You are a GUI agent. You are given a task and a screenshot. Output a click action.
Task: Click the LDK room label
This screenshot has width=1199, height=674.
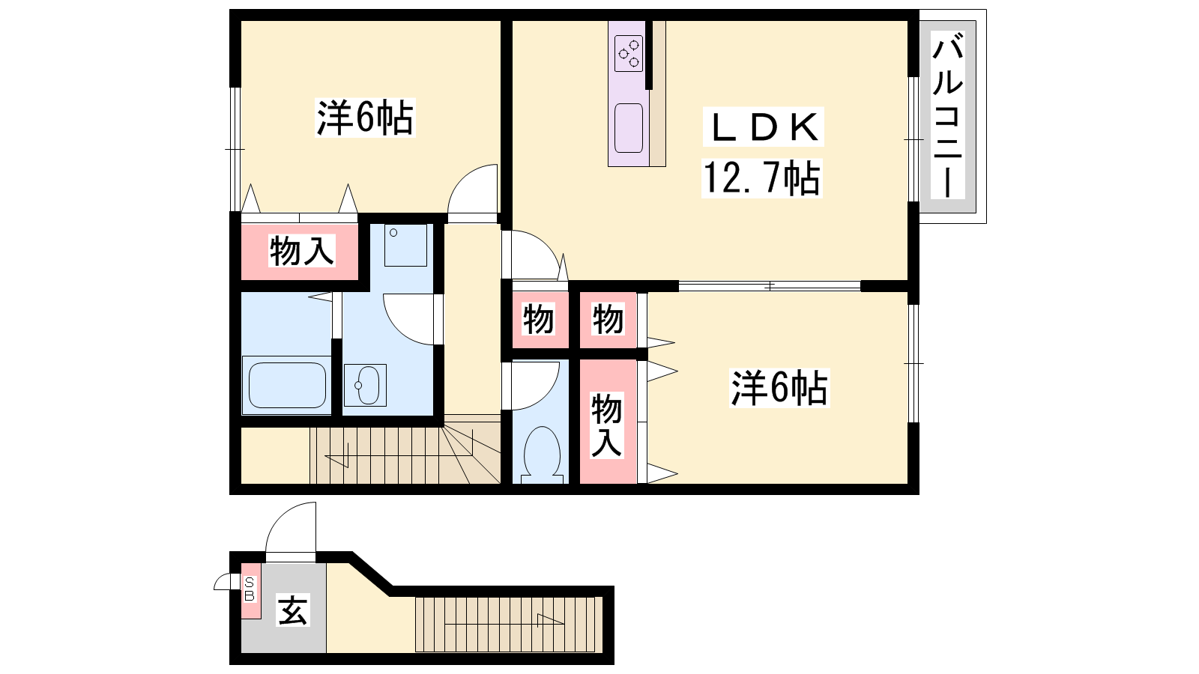coord(764,127)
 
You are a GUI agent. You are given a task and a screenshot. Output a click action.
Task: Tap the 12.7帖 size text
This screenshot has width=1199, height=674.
coord(761,179)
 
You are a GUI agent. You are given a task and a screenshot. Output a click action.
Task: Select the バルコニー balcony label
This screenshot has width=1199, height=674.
coord(947,115)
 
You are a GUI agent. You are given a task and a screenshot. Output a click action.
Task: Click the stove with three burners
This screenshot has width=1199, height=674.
coord(629,53)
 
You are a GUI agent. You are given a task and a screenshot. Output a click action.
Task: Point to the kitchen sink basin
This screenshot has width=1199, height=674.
coord(629,128)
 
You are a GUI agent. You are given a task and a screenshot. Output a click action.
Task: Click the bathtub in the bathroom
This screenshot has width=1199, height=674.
coord(287,385)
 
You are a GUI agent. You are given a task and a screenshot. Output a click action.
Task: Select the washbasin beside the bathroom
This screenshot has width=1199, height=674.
coord(365,385)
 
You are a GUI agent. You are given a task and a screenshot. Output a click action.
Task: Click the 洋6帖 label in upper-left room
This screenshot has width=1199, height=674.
coord(365,118)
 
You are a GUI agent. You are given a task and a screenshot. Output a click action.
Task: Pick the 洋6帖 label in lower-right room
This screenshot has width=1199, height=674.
coord(779,389)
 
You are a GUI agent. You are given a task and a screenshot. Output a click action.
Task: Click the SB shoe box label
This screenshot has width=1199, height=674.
coord(250,589)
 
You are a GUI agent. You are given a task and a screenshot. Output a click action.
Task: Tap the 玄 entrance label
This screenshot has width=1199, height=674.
coord(293,610)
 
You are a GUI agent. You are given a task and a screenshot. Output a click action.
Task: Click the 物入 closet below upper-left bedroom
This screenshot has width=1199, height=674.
coord(302,251)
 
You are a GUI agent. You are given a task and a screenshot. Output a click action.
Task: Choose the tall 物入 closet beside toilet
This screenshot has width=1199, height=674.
coord(606,425)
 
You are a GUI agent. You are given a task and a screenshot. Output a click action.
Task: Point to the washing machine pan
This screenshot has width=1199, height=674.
coord(405,245)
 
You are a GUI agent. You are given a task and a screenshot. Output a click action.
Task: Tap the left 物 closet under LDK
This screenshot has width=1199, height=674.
coord(538,319)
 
